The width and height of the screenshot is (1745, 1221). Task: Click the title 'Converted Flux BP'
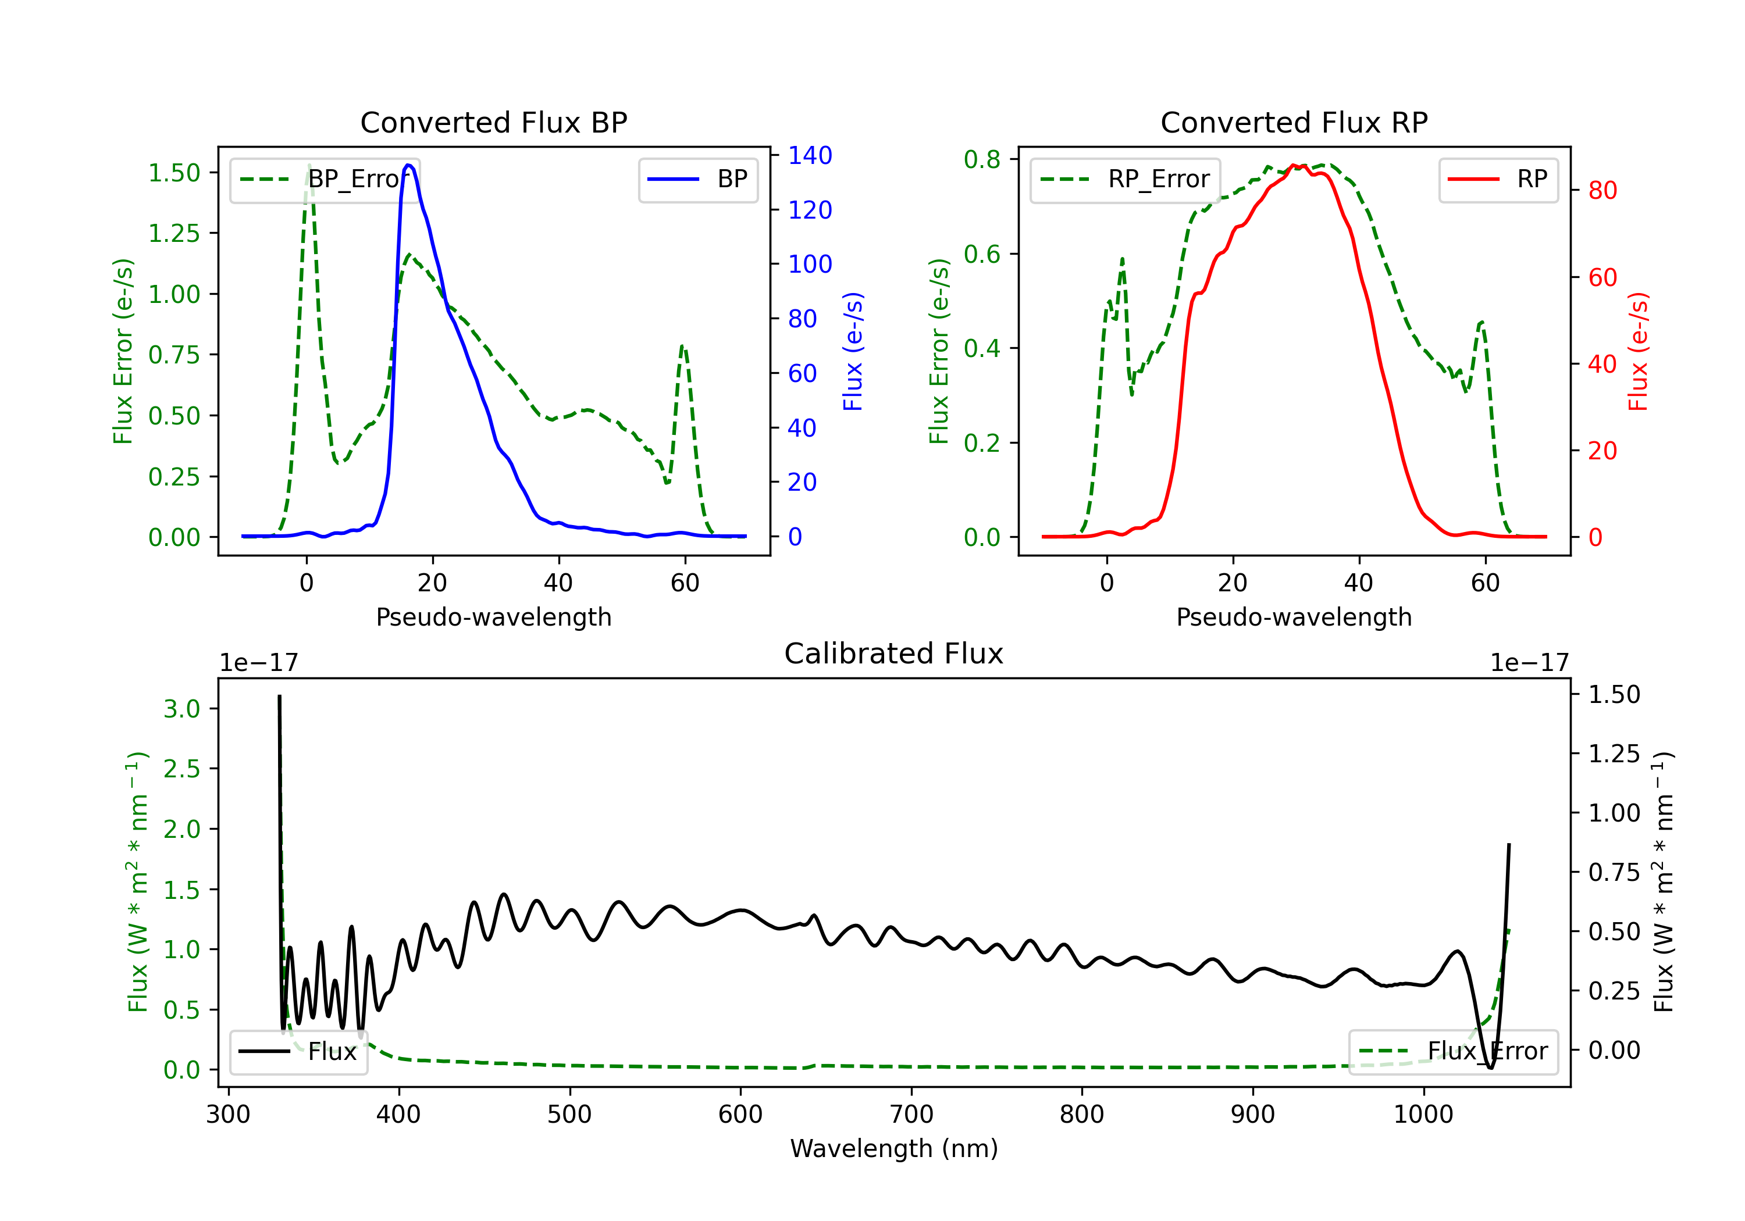494,122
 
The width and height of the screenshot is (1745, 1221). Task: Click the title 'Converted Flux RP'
1294,122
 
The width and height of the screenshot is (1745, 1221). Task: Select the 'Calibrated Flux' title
894,654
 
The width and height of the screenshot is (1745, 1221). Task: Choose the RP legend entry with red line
1498,179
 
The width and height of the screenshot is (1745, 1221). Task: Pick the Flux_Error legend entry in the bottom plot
1453,1052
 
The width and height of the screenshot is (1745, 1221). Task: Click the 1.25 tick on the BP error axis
174,233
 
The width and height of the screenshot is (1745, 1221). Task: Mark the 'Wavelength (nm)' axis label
895,1148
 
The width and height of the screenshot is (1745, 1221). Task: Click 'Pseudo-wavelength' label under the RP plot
1294,617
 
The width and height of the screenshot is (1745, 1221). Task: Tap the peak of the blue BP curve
409,165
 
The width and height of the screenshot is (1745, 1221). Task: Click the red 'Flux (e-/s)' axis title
1639,352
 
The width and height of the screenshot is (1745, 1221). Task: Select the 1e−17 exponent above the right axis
1529,663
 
